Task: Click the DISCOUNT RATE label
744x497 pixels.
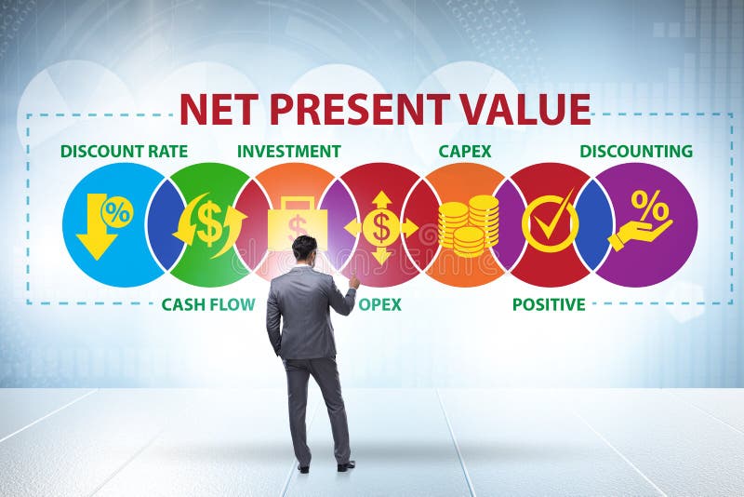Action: [124, 151]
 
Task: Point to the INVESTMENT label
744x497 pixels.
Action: [288, 151]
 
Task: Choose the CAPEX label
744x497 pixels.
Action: [465, 151]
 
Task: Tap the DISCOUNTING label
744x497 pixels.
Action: [636, 151]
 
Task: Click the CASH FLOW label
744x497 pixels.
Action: [207, 304]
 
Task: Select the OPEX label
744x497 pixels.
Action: [380, 304]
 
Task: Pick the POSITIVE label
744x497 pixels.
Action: [549, 304]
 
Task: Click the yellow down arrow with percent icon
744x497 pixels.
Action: [103, 224]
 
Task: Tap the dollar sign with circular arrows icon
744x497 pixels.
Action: [209, 224]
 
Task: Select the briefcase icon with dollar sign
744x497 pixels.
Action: [297, 222]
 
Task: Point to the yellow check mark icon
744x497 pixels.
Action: [551, 222]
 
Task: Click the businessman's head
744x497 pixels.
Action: [304, 248]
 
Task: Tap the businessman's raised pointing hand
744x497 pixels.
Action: [354, 281]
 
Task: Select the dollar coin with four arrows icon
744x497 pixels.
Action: [381, 226]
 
